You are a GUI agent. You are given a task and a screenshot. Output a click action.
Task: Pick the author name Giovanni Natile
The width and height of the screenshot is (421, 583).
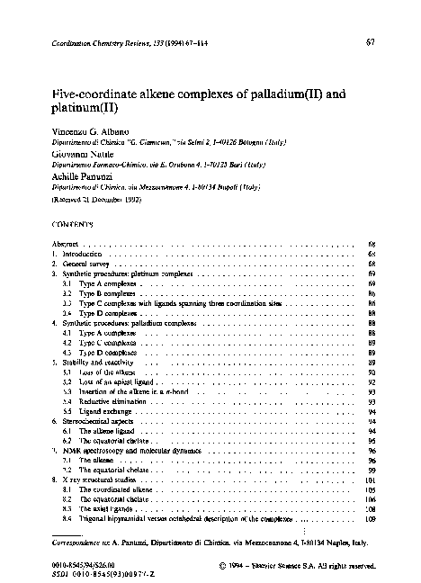(77, 155)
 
